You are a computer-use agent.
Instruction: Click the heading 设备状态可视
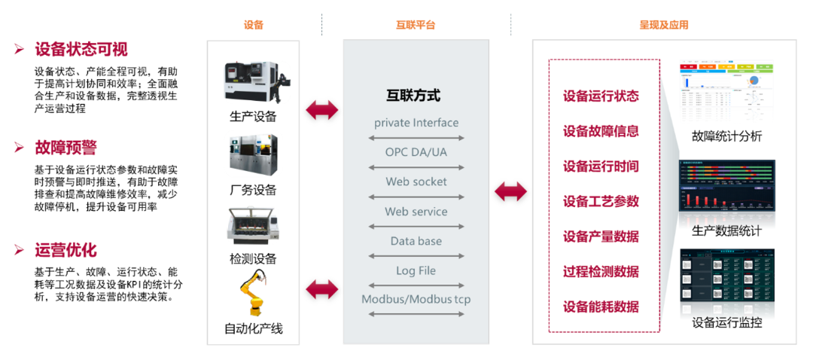point(81,50)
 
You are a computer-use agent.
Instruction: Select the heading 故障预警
point(65,148)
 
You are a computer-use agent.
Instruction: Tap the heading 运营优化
point(65,250)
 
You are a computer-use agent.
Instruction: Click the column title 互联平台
point(416,25)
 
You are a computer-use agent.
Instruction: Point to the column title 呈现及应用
point(664,25)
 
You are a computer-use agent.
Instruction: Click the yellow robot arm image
point(253,296)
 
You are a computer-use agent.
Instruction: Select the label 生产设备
point(253,117)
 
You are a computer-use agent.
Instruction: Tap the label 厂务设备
point(253,190)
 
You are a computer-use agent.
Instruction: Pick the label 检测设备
point(253,259)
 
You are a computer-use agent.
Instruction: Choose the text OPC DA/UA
point(416,152)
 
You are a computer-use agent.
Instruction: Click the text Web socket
point(416,182)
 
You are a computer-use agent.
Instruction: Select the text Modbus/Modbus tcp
point(416,300)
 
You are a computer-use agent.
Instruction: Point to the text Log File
point(416,270)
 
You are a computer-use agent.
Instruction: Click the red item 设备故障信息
point(601,131)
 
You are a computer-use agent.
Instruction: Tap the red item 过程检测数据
point(601,271)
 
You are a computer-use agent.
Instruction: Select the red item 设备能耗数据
point(601,307)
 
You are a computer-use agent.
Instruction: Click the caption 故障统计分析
point(727,136)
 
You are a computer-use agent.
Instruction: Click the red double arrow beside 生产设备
point(322,111)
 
